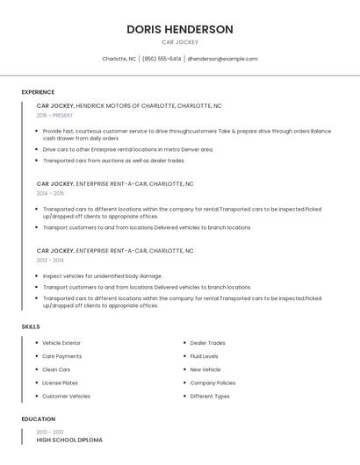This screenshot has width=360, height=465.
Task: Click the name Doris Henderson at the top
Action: pyautogui.click(x=179, y=29)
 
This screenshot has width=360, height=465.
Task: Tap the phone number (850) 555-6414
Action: pyautogui.click(x=162, y=59)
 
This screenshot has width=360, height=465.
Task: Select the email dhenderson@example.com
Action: pyautogui.click(x=222, y=59)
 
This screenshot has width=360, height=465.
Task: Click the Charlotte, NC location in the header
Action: pyautogui.click(x=119, y=59)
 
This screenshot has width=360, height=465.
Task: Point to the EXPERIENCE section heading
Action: pyautogui.click(x=38, y=92)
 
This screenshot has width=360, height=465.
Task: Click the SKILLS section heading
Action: pyautogui.click(x=31, y=326)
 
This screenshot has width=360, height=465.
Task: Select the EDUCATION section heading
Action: pyautogui.click(x=39, y=419)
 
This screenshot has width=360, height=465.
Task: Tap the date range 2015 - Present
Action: pyautogui.click(x=54, y=115)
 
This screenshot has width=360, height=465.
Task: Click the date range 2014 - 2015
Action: pyautogui.click(x=50, y=193)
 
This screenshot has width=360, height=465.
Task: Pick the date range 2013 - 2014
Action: pyautogui.click(x=50, y=260)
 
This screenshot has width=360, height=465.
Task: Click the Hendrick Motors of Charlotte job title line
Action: pyautogui.click(x=129, y=105)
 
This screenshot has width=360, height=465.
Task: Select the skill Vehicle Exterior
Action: pyautogui.click(x=61, y=343)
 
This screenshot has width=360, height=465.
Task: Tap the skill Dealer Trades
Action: pyautogui.click(x=207, y=343)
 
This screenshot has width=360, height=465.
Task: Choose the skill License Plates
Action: pyautogui.click(x=60, y=383)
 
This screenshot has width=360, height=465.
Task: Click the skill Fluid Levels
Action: pyautogui.click(x=204, y=356)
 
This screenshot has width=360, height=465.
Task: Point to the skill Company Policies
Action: pyautogui.click(x=212, y=383)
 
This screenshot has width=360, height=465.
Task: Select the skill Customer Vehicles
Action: pyautogui.click(x=66, y=396)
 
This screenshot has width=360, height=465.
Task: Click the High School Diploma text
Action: pyautogui.click(x=69, y=440)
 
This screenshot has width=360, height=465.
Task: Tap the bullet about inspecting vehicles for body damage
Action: pyautogui.click(x=103, y=276)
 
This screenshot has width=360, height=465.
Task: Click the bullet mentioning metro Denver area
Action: pyautogui.click(x=128, y=149)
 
